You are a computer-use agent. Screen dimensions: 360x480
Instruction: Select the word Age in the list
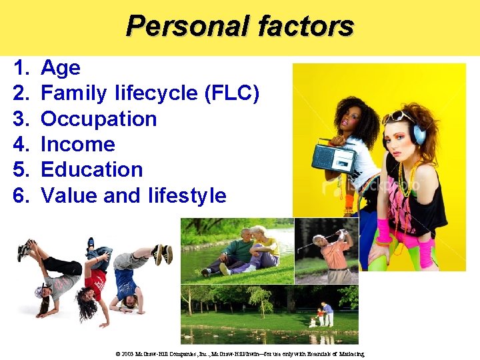tap(61, 67)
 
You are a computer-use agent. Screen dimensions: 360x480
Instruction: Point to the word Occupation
tap(99, 119)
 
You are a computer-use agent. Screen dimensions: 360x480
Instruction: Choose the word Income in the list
tap(78, 144)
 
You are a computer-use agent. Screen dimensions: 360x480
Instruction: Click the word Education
tap(92, 169)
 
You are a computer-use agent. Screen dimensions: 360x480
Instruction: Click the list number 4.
tap(22, 144)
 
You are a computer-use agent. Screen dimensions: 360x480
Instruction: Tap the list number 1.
tap(22, 67)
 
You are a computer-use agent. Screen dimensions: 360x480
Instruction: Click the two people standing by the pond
tap(323, 313)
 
